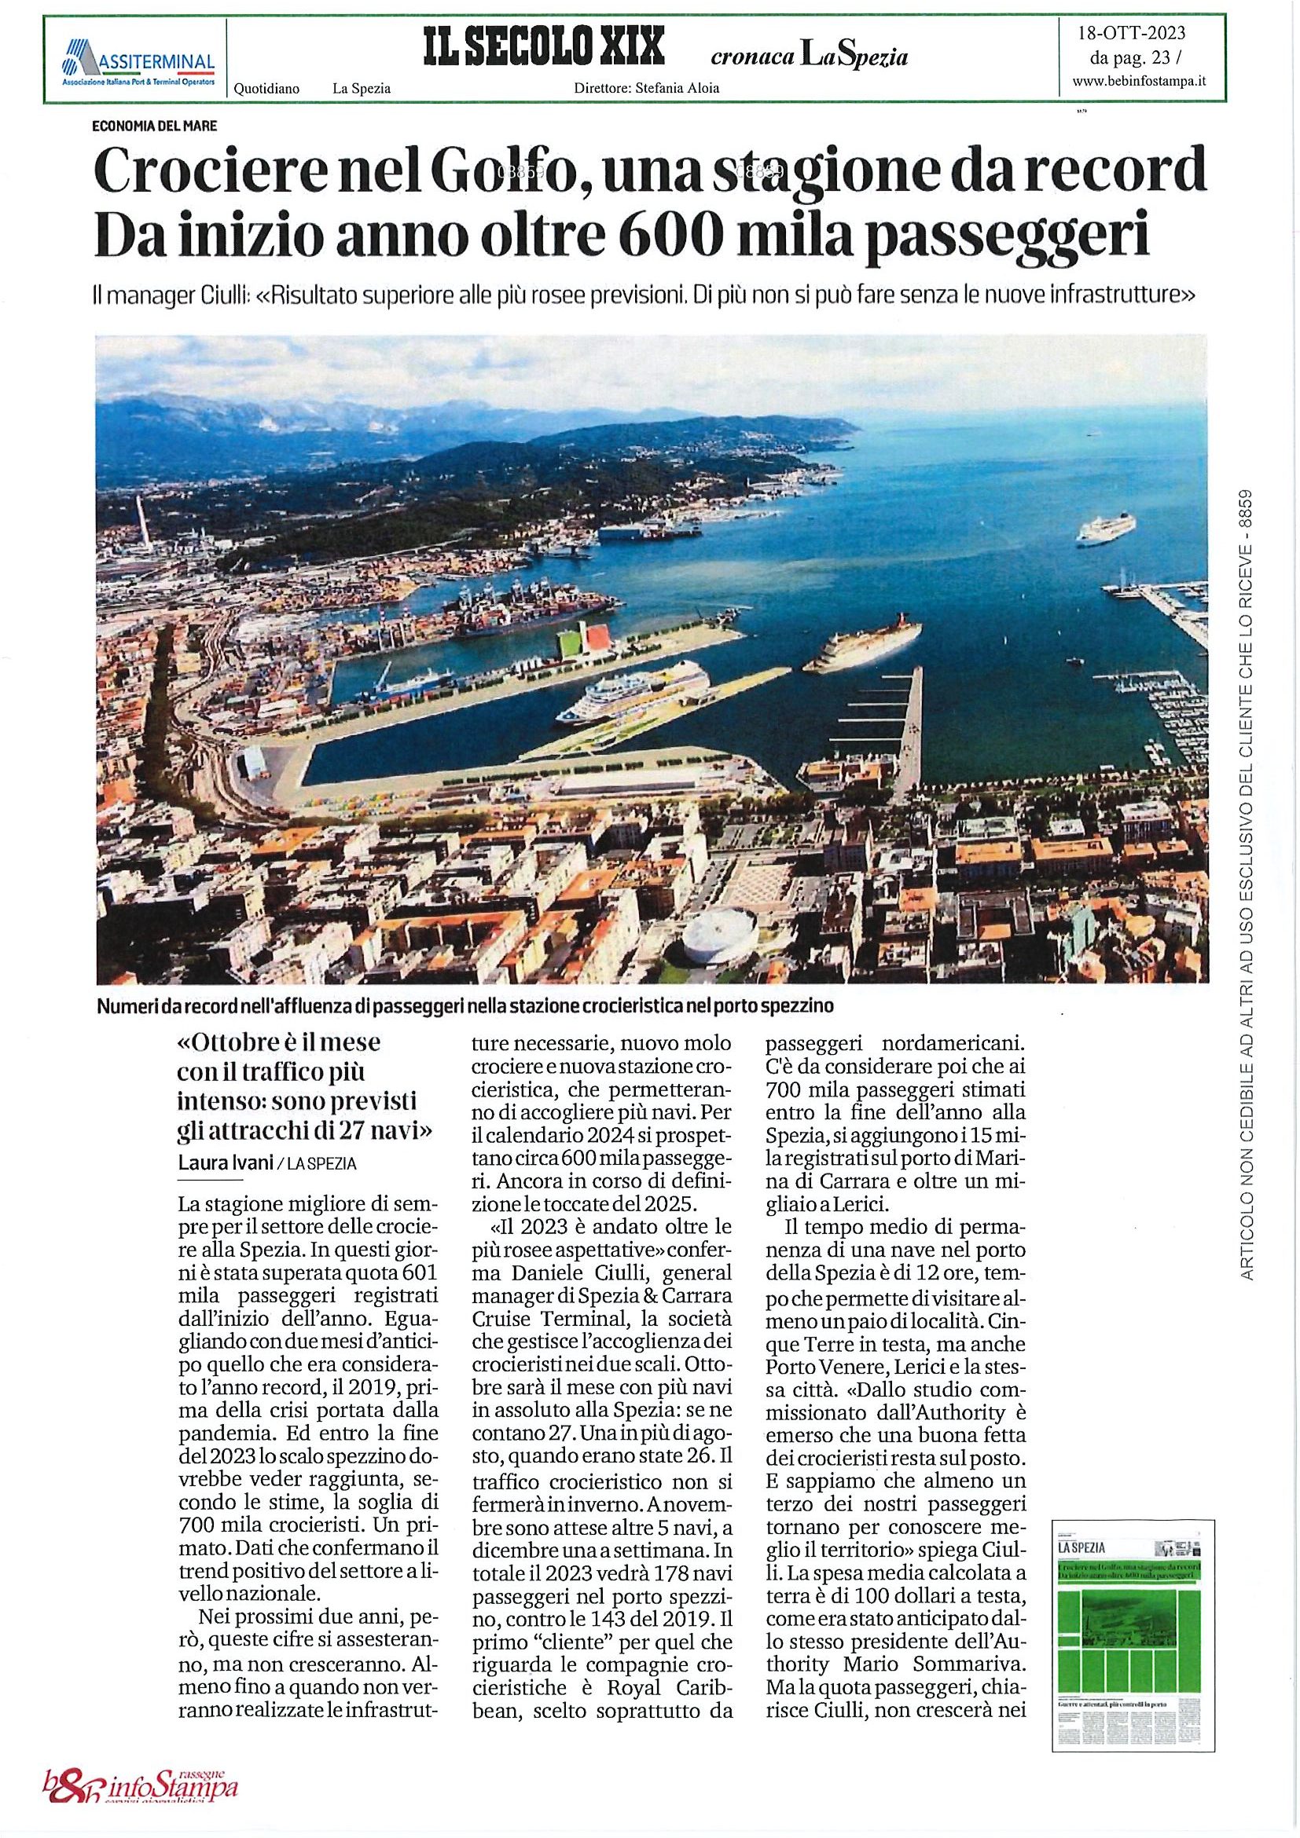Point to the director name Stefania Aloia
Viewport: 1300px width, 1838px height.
click(677, 89)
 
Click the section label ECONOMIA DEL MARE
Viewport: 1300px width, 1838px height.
click(155, 126)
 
